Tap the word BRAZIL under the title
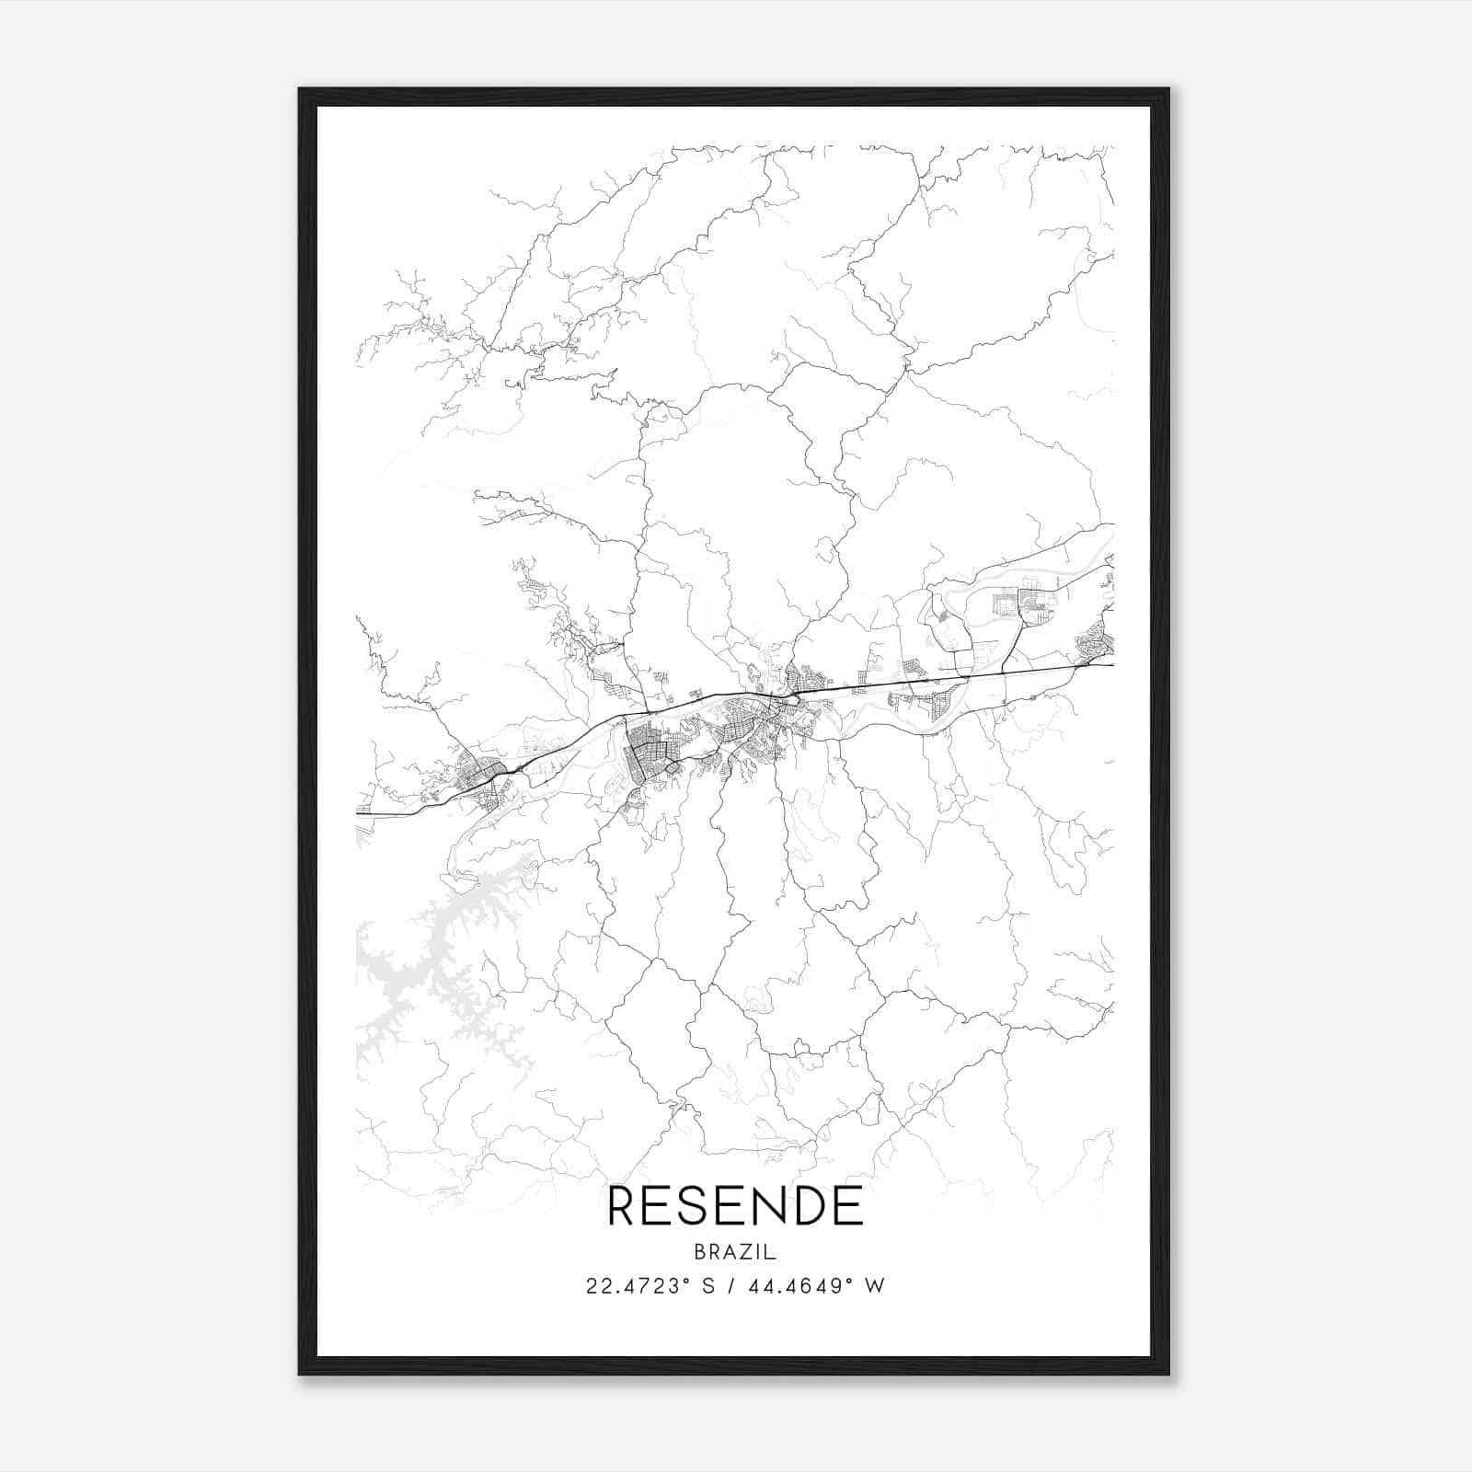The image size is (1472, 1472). tap(735, 1252)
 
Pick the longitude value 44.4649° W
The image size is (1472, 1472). tap(820, 1286)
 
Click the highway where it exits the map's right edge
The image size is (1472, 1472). tap(1110, 664)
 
